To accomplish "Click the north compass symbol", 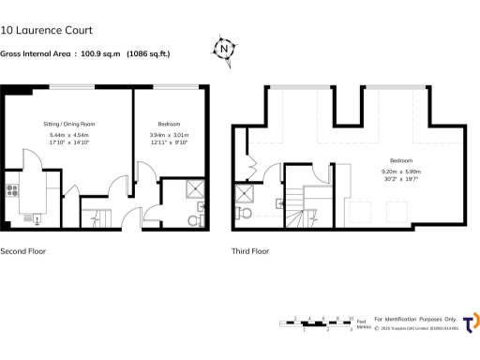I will pyautogui.click(x=224, y=48).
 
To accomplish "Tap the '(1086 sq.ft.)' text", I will pyautogui.click(x=148, y=53).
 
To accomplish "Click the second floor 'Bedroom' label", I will pyautogui.click(x=169, y=124).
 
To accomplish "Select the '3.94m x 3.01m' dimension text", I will pyautogui.click(x=169, y=135).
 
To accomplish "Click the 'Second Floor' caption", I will pyautogui.click(x=22, y=251).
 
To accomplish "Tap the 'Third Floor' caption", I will pyautogui.click(x=250, y=251).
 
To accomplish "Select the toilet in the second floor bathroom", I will pyautogui.click(x=194, y=220).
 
